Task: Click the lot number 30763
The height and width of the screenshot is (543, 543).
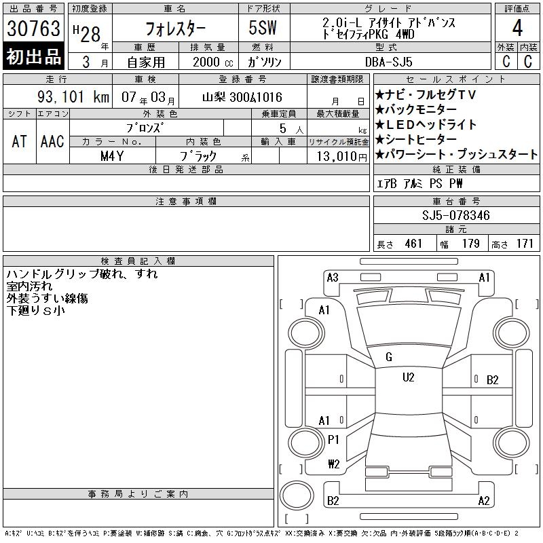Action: tap(33, 28)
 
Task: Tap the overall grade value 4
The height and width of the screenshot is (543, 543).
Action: tap(517, 28)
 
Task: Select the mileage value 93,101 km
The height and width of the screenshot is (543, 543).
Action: tap(73, 96)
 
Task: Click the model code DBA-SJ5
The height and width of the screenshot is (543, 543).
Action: tap(388, 62)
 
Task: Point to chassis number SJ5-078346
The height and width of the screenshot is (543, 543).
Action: tap(455, 215)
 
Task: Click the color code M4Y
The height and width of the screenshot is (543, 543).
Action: tap(112, 156)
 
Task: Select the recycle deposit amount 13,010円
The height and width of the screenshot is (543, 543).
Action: tap(342, 157)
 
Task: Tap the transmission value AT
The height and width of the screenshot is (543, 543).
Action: tap(19, 141)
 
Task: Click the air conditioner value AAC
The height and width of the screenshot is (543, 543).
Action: tap(52, 141)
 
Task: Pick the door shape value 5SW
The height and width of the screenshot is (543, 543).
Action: tap(263, 28)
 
